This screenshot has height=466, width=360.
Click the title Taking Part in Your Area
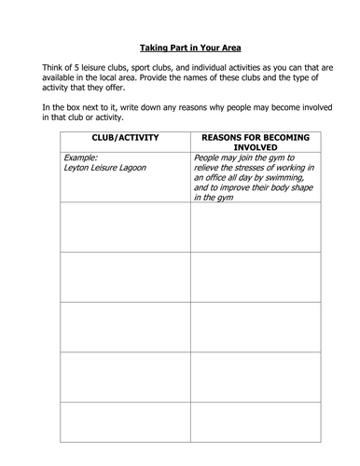(179, 45)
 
